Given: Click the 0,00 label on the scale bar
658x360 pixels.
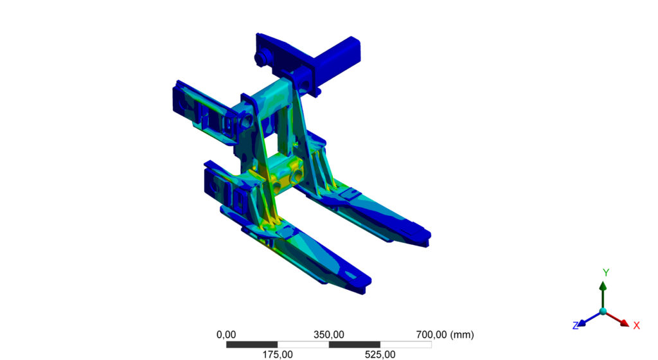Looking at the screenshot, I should (226, 334).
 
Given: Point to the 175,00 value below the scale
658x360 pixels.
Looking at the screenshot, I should (278, 354).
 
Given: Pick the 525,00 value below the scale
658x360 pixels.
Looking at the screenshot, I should (380, 354).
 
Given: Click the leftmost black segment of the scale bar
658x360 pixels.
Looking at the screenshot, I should (252, 345).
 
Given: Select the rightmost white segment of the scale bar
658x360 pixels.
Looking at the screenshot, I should (405, 345).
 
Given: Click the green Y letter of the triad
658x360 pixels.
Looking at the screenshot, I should (605, 273).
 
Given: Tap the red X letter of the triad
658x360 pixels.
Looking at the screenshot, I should (636, 325).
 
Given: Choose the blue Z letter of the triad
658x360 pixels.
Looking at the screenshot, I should (576, 326).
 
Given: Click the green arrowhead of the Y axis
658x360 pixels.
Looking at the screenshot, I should (603, 285).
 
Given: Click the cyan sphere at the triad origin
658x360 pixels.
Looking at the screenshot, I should (603, 311).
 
